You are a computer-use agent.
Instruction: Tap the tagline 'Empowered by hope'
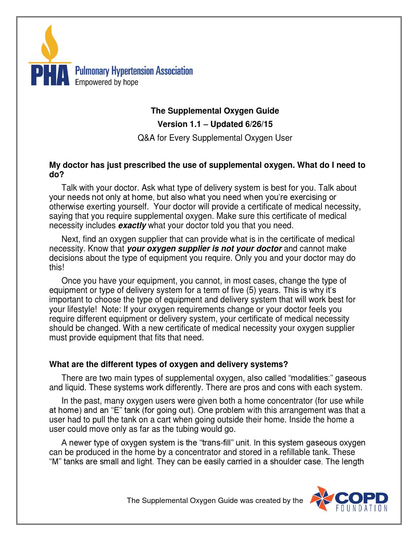click(x=106, y=82)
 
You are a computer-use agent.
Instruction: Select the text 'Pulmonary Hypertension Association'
click(x=133, y=71)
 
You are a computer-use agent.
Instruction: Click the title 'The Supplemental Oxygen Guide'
click(x=214, y=111)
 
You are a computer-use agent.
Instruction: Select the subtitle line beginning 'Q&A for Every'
click(x=214, y=138)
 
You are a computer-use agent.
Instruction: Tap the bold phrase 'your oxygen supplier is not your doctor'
click(x=204, y=249)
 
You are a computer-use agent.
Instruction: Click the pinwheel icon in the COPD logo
click(x=317, y=499)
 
